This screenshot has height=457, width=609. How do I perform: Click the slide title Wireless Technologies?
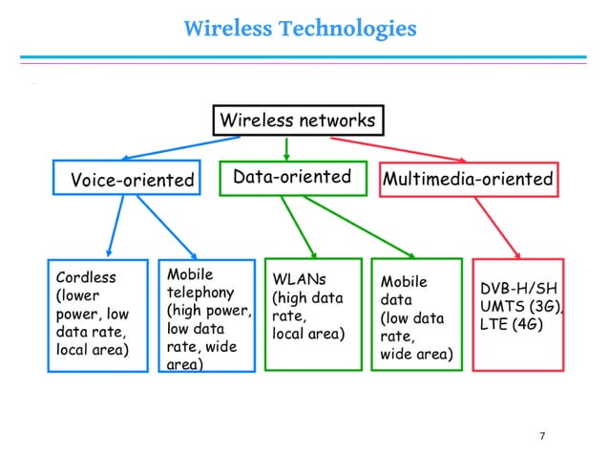tap(300, 29)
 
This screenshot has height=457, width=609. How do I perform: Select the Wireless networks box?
tap(297, 120)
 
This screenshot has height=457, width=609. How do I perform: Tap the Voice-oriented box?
tap(126, 179)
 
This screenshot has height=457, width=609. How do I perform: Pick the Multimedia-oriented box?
tap(468, 179)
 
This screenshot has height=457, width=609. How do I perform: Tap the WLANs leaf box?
tap(312, 314)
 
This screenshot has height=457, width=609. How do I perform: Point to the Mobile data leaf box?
tap(415, 314)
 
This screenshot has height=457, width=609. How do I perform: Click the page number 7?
tap(542, 437)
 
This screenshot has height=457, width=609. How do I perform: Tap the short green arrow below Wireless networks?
tap(286, 149)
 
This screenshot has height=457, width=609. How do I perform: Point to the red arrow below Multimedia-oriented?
tap(496, 226)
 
